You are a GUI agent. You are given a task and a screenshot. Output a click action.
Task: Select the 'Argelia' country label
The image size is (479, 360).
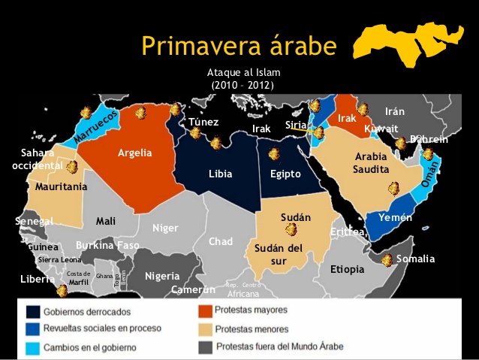tap(134, 153)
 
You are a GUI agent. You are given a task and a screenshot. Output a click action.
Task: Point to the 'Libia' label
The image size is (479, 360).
tap(221, 174)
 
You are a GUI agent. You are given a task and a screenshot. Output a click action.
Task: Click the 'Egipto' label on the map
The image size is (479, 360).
tap(285, 174)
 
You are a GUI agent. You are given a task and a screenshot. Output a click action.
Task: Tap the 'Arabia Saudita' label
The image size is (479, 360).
tap(372, 163)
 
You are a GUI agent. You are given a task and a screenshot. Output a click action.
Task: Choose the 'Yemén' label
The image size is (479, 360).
tap(396, 217)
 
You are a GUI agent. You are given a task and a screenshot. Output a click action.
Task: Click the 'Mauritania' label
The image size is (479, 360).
tap(62, 186)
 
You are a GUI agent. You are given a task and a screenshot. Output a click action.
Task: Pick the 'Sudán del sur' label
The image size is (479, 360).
tap(279, 254)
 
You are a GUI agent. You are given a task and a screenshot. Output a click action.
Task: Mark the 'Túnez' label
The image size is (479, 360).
tap(203, 123)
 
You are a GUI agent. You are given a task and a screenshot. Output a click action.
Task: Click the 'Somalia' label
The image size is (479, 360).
tap(415, 259)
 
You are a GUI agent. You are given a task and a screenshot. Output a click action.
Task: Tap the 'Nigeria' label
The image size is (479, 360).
tap(162, 276)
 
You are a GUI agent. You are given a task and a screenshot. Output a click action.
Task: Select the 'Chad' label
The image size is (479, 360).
tap(221, 242)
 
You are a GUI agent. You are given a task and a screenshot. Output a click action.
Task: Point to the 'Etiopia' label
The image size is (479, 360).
tap(347, 268)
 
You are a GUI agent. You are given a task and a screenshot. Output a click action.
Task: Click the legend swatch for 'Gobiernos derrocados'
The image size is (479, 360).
tap(34, 311)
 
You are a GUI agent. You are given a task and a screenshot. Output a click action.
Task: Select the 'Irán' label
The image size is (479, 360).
tap(395, 111)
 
